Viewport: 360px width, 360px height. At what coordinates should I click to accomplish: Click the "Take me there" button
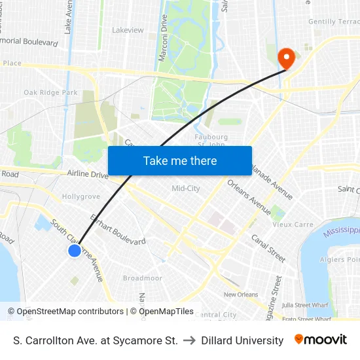(x=180, y=160)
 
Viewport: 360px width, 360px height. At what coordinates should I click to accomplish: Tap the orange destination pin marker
(x=286, y=58)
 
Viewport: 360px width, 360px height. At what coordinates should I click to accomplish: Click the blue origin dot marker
(x=75, y=251)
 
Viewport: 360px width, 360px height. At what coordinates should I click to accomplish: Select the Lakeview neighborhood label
(x=128, y=30)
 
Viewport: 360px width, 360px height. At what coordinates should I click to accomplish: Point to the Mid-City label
(x=185, y=189)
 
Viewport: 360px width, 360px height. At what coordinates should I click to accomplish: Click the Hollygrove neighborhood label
(x=81, y=196)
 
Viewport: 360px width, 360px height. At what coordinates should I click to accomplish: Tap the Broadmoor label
(x=143, y=278)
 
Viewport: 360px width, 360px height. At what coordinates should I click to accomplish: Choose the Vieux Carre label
(x=293, y=225)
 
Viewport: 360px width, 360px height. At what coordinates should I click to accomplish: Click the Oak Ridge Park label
(x=50, y=93)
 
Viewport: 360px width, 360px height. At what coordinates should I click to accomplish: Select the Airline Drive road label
(x=88, y=175)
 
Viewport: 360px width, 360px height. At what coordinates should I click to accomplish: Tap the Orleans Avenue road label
(x=249, y=197)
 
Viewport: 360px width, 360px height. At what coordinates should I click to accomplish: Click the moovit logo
(x=320, y=340)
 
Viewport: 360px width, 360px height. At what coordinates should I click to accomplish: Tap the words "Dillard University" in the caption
(x=242, y=340)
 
